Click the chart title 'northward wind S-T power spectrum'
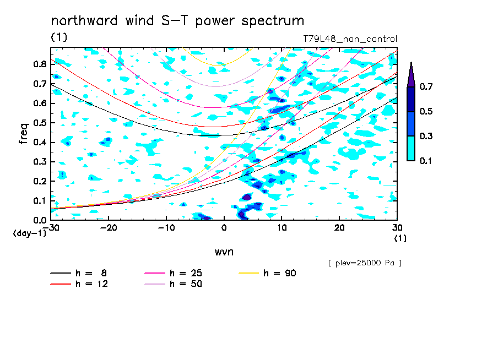(x=177, y=21)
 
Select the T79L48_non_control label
(x=350, y=39)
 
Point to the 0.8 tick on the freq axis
(x=40, y=64)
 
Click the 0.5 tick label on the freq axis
(x=40, y=123)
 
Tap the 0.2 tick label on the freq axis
(x=40, y=181)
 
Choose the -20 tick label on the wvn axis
(x=109, y=228)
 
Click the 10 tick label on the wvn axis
(x=282, y=228)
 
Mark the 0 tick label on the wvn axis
(x=224, y=228)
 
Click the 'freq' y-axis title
(x=24, y=133)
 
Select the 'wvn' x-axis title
(x=224, y=252)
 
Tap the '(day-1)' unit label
(x=29, y=233)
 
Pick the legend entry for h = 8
(x=79, y=273)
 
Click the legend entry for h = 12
(x=79, y=283)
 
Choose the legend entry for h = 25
(x=174, y=273)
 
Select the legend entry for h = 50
(x=174, y=283)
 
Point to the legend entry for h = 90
(x=267, y=273)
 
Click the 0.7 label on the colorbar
(x=426, y=86)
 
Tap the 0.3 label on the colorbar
(x=426, y=136)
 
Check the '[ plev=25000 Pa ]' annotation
(x=365, y=263)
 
